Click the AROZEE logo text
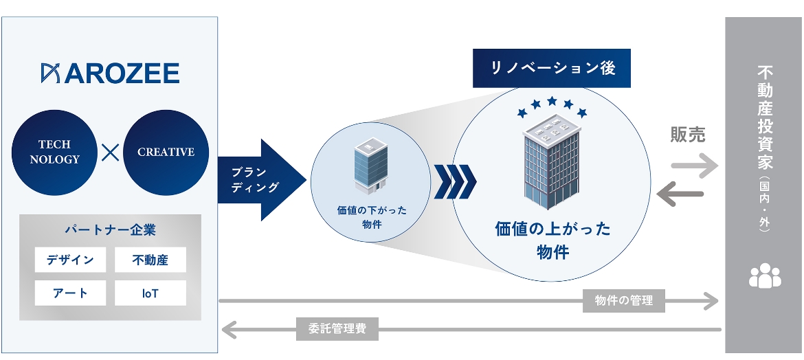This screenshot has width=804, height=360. (x=110, y=73)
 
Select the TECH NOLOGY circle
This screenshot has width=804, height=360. (x=54, y=153)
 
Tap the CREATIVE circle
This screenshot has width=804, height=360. (x=166, y=153)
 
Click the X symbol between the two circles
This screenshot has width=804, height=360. (x=110, y=153)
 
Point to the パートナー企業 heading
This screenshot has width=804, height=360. (x=110, y=229)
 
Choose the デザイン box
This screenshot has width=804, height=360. (x=70, y=260)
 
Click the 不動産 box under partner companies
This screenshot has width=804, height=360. (x=150, y=260)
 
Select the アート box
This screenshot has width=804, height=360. (x=70, y=293)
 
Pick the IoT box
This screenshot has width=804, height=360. (x=150, y=293)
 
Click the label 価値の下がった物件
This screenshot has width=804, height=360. (x=371, y=217)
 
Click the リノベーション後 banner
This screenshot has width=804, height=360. (x=552, y=68)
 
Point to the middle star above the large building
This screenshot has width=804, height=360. (x=552, y=101)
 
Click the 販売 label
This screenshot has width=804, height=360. (x=688, y=135)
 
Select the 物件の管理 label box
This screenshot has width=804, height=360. (x=624, y=300)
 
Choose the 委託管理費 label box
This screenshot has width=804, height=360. (x=337, y=328)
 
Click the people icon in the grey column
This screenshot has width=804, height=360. (x=765, y=275)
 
